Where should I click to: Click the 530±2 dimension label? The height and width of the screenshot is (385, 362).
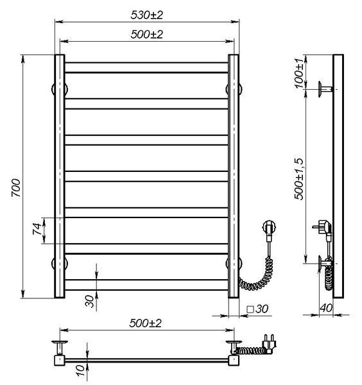[146, 15]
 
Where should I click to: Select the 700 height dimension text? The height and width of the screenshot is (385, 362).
[16, 188]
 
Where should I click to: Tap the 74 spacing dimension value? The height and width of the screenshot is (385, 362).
[37, 229]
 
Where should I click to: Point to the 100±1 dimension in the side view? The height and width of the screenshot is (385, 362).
[299, 73]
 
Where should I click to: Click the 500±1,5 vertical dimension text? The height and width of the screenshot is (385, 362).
[299, 179]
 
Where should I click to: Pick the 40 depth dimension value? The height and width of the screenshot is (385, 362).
[326, 308]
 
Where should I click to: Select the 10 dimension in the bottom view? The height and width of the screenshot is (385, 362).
[80, 370]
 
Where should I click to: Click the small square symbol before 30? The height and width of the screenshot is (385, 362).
[250, 309]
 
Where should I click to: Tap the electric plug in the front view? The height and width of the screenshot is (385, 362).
[269, 228]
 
